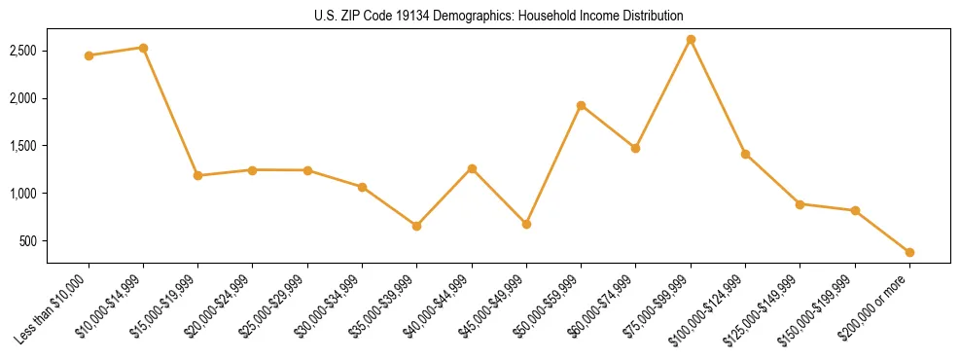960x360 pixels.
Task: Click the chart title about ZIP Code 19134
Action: pyautogui.click(x=499, y=17)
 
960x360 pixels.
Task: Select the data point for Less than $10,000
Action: pyautogui.click(x=89, y=55)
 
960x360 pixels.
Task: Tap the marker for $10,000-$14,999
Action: pyautogui.click(x=143, y=48)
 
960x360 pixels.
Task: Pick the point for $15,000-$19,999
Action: pyautogui.click(x=197, y=176)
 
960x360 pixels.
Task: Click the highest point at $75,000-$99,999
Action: pyautogui.click(x=691, y=40)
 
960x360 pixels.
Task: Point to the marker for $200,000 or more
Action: pyautogui.click(x=909, y=252)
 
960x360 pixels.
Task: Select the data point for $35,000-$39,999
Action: pyautogui.click(x=416, y=226)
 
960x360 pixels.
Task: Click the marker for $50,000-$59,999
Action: pyautogui.click(x=581, y=105)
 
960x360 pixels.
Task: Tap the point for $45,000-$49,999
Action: pyautogui.click(x=526, y=224)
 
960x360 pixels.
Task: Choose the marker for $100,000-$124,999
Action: pyautogui.click(x=745, y=154)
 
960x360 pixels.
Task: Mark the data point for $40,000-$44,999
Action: pyautogui.click(x=472, y=168)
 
